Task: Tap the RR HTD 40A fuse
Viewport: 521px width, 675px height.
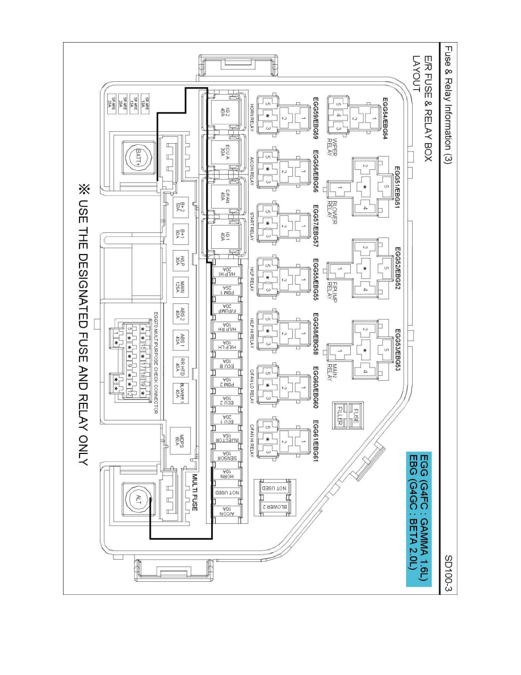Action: pyautogui.click(x=179, y=365)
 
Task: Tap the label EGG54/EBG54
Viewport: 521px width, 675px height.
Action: pyautogui.click(x=388, y=123)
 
